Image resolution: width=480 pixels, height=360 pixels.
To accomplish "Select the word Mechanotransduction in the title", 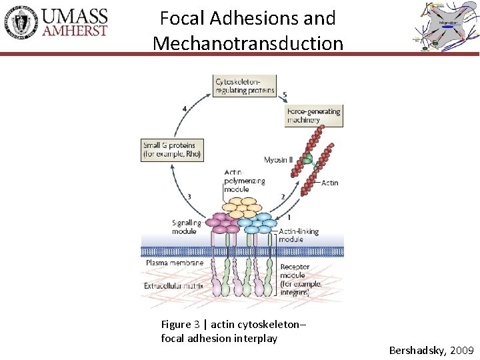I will (248, 43).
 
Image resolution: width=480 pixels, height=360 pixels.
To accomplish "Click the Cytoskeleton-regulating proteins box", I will (245, 85).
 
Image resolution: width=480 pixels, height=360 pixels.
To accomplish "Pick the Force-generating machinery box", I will (313, 115).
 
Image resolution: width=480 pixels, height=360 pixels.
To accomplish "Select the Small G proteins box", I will (171, 150).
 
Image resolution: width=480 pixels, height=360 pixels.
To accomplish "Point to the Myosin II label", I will (279, 160).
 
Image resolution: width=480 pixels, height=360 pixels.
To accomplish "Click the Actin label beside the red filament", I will (329, 183).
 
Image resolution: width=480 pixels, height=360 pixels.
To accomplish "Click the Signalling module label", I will (186, 227).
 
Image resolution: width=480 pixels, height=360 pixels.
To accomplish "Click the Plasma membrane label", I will (174, 263).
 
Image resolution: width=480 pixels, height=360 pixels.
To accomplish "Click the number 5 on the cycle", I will (285, 95).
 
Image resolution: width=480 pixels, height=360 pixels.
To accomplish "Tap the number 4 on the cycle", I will (185, 108).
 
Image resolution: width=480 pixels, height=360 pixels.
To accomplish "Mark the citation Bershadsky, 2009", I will (431, 350).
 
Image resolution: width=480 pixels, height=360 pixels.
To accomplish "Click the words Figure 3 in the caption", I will (180, 325).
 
